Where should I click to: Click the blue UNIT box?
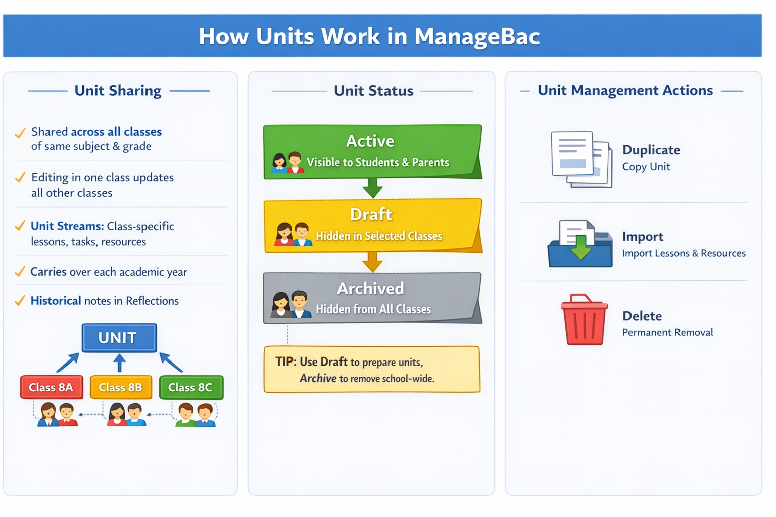click(119, 338)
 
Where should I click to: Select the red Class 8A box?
click(52, 387)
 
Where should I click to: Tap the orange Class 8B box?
click(121, 387)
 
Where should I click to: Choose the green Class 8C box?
click(191, 387)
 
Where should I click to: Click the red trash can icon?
click(584, 321)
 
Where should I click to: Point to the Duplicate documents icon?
click(581, 159)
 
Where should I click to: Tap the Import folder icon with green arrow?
click(580, 244)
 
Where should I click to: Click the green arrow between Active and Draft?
click(372, 188)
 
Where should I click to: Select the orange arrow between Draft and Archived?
click(372, 262)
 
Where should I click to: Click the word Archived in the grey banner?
click(370, 288)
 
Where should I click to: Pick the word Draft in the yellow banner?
click(371, 214)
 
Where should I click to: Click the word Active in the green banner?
click(370, 141)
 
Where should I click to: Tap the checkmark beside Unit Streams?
click(20, 226)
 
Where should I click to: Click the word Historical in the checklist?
click(56, 301)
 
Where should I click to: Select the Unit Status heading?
click(373, 91)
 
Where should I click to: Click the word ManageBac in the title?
click(477, 36)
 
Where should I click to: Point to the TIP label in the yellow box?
click(285, 362)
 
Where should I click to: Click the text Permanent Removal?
click(667, 332)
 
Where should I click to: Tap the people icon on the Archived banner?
click(290, 304)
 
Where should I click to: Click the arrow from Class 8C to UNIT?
click(171, 362)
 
